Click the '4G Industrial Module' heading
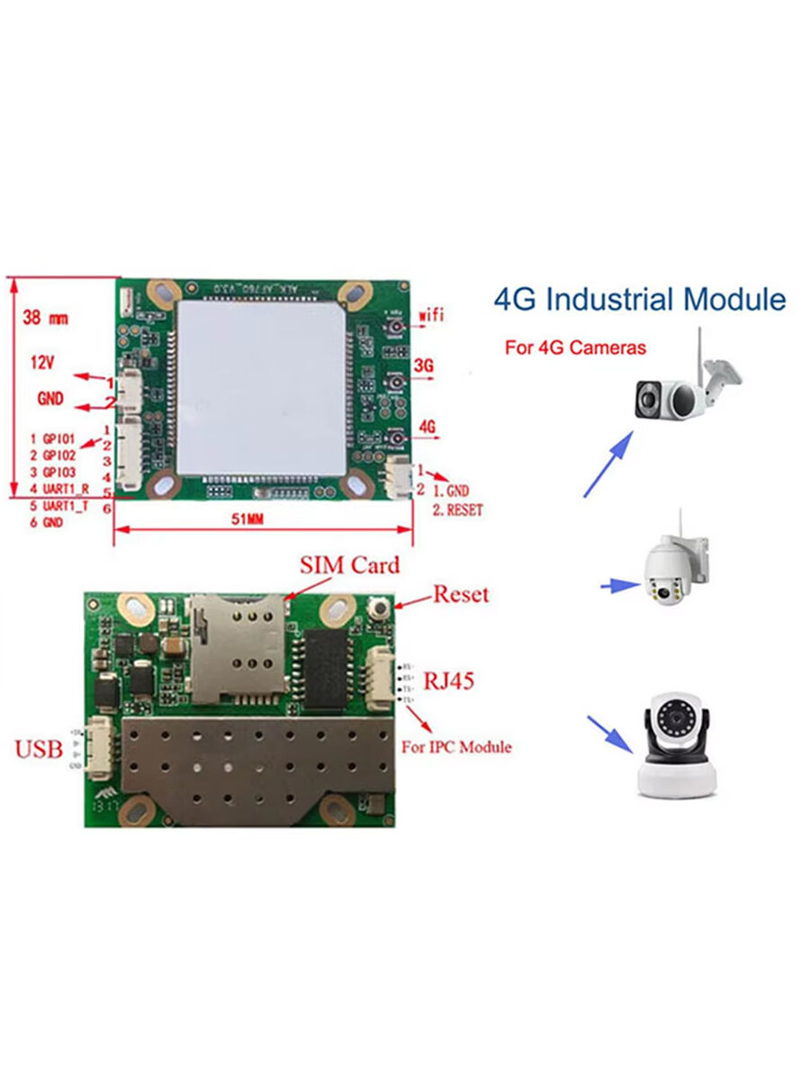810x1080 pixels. click(639, 299)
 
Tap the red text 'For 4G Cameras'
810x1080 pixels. click(575, 347)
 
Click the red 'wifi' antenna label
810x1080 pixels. click(432, 317)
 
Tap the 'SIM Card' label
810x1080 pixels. click(349, 566)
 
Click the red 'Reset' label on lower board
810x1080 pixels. click(461, 594)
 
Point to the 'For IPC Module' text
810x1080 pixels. click(456, 747)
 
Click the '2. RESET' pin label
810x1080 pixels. click(458, 509)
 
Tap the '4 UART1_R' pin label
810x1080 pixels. click(59, 488)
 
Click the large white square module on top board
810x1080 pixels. click(262, 388)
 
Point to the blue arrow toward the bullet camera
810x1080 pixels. click(609, 463)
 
